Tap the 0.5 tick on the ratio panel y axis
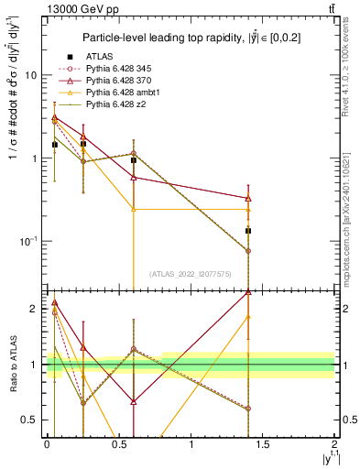tap(35, 420)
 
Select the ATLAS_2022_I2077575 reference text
tap(191, 274)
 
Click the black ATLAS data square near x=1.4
tap(248, 231)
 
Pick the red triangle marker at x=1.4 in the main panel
tap(248, 198)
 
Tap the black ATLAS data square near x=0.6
tap(134, 160)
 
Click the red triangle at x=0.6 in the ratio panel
tap(134, 401)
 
